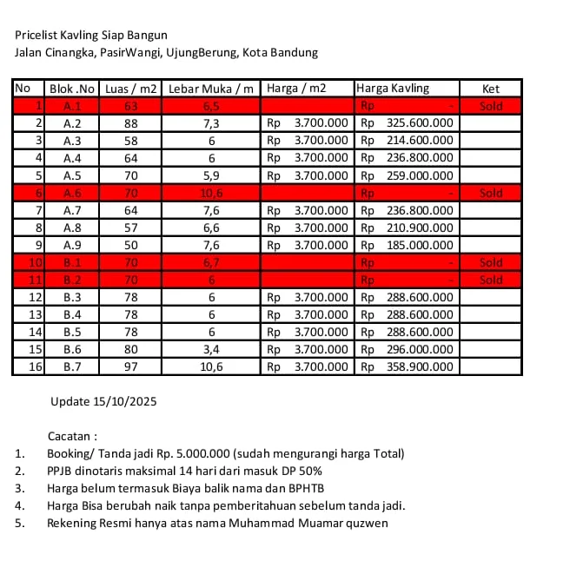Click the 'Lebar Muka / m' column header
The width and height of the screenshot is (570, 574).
212,89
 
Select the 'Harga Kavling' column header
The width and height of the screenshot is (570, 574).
393,89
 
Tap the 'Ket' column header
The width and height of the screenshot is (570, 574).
491,89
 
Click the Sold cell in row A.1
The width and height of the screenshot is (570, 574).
491,106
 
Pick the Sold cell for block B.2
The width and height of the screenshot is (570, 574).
491,280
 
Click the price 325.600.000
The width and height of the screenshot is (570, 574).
419,123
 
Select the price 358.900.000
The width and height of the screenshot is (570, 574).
419,366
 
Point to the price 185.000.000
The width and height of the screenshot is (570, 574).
419,245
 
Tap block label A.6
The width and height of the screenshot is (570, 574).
73,193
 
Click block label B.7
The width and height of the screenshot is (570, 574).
73,366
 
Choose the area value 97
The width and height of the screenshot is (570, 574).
131,366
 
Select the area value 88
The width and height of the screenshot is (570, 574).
131,123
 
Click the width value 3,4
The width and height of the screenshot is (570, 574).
212,349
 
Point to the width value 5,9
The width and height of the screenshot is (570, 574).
212,175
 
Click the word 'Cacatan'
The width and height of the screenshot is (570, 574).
70,436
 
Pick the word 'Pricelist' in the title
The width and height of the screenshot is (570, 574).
36,36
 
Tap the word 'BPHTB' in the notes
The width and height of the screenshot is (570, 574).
305,488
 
